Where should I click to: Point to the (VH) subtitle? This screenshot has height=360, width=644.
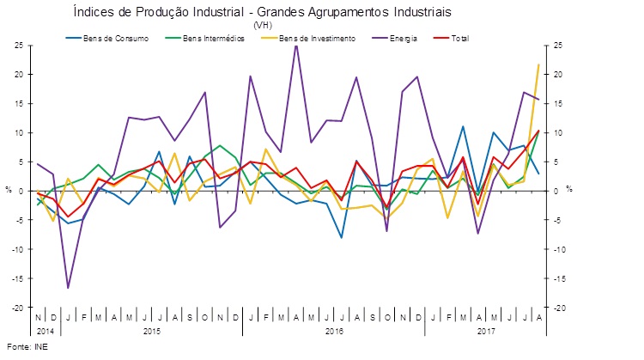click(x=262, y=26)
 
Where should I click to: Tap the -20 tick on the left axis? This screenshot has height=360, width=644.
click(x=15, y=308)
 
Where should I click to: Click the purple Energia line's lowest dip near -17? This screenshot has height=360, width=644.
click(x=68, y=288)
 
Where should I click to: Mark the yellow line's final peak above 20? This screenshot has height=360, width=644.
click(x=538, y=64)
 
